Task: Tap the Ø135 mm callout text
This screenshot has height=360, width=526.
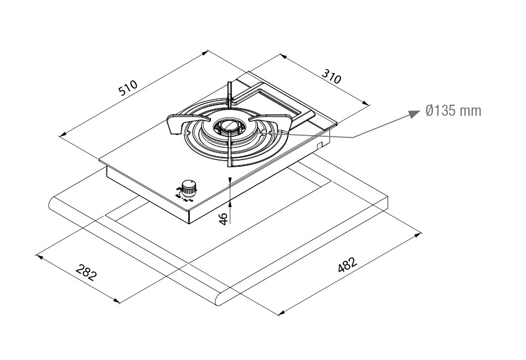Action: [453, 111]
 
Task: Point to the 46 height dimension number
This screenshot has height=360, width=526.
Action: [224, 218]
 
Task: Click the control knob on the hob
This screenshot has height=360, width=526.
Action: [189, 187]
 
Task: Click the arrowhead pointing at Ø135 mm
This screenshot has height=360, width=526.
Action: [413, 112]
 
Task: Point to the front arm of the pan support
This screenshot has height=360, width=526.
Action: [229, 158]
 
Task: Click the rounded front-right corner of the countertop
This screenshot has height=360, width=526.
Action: [225, 300]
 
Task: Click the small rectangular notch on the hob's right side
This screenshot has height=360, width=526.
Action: [319, 145]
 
